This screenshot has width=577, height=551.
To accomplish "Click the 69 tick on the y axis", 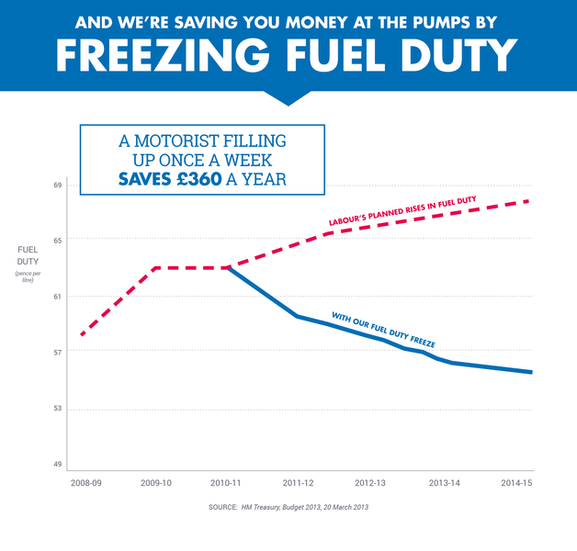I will tap(56, 186).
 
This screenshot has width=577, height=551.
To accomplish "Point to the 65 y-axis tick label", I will tap(56, 240).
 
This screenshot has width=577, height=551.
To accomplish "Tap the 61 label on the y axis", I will tap(56, 297).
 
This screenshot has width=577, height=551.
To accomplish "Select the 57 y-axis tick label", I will tap(56, 353).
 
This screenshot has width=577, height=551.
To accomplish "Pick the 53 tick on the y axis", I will tap(56, 409).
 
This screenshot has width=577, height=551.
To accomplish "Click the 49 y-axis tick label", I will tap(56, 465).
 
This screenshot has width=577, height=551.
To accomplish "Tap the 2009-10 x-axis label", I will tap(156, 483).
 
